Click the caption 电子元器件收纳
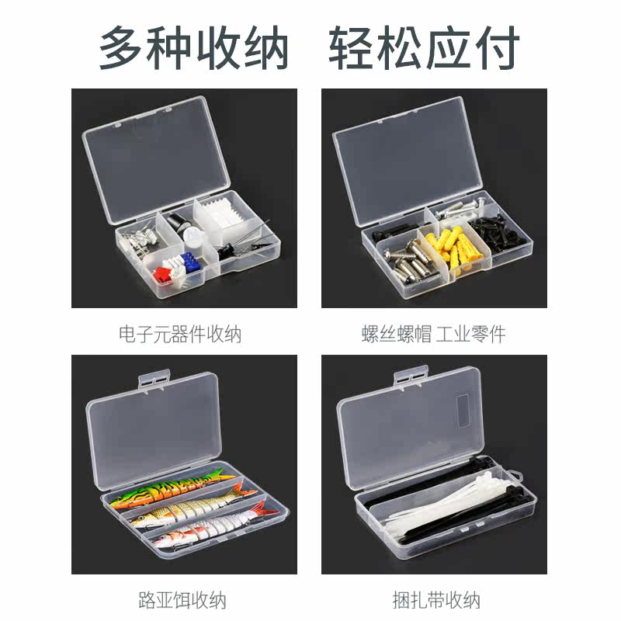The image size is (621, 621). tap(180, 334)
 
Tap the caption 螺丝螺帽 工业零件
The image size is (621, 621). tap(434, 334)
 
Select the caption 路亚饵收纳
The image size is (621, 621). tap(182, 600)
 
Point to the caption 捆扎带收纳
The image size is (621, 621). tap(436, 600)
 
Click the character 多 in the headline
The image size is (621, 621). tap(122, 47)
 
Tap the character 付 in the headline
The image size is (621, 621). tap(497, 47)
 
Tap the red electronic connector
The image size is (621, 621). tap(161, 275)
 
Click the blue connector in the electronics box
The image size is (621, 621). tap(190, 262)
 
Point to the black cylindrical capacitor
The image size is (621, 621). tap(178, 225)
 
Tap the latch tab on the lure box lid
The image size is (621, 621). tap(154, 379)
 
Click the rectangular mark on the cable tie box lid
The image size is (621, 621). tap(463, 411)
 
